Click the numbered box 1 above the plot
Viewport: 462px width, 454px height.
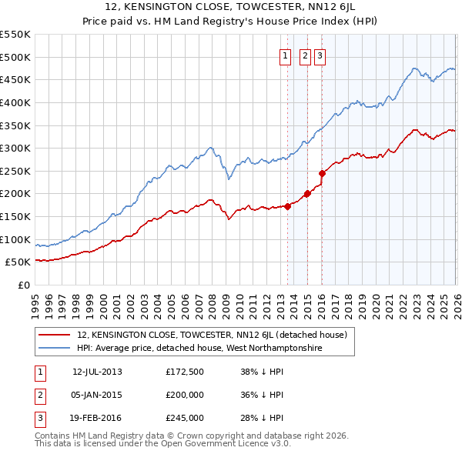(x=285, y=55)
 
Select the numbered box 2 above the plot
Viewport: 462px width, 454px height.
(x=304, y=55)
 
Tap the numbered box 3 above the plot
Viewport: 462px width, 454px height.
(x=319, y=55)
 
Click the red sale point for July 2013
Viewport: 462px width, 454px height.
(x=288, y=206)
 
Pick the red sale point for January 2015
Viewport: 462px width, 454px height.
(x=307, y=194)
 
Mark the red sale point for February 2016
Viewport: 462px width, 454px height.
(x=322, y=173)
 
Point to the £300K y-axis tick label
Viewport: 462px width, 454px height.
(x=15, y=148)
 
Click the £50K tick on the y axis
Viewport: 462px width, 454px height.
(x=18, y=262)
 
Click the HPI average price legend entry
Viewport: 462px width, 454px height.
(x=199, y=348)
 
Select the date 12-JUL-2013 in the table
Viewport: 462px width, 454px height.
(x=97, y=372)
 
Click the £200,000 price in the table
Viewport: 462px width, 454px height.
(x=185, y=395)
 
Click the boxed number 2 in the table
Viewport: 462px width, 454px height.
(x=38, y=395)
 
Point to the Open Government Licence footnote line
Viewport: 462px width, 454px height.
(x=163, y=444)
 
